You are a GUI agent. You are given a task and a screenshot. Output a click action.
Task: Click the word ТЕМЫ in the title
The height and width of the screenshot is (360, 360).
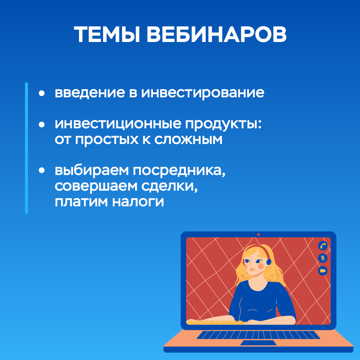pos(107,34)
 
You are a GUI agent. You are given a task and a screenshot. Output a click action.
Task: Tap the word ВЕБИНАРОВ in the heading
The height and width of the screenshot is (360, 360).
pos(217,34)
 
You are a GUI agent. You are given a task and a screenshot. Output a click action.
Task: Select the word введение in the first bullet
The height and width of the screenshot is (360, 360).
pos(90,92)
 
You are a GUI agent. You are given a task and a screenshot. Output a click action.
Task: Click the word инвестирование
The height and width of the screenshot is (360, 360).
pos(203,93)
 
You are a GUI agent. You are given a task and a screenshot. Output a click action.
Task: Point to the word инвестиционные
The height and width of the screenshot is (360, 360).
pos(118,124)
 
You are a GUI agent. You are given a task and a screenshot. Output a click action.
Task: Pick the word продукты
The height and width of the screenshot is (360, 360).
pos(223,124)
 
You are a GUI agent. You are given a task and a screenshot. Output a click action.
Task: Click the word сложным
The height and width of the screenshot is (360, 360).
pos(188,139)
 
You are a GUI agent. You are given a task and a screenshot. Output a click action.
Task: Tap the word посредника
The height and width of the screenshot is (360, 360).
pos(179,171)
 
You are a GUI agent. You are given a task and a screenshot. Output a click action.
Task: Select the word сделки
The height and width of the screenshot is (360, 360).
pos(169,186)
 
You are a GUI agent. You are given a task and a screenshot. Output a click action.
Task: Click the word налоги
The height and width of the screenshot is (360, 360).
pos(138,202)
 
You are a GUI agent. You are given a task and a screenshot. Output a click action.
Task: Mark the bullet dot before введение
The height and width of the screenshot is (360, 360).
pos(42,93)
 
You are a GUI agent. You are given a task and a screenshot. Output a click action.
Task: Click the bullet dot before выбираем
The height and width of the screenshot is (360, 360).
pos(42,170)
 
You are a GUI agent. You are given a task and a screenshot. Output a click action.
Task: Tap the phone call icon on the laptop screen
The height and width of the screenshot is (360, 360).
pos(323,246)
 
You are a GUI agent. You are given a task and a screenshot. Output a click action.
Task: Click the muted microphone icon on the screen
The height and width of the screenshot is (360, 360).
pos(323,258)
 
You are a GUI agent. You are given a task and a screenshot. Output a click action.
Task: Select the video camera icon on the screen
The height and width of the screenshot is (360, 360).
pos(323,271)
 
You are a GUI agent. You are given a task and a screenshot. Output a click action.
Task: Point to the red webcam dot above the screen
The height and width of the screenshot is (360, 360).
pos(258,234)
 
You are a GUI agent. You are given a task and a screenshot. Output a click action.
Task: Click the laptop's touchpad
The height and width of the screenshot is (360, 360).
pos(258,343)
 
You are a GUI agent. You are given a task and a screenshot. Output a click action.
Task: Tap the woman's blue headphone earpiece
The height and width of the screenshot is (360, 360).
pos(268,262)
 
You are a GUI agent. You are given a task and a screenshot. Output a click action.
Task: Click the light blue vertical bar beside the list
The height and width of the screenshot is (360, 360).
pos(26,148)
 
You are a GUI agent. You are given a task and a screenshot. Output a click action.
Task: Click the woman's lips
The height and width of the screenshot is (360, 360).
pos(252,269)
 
